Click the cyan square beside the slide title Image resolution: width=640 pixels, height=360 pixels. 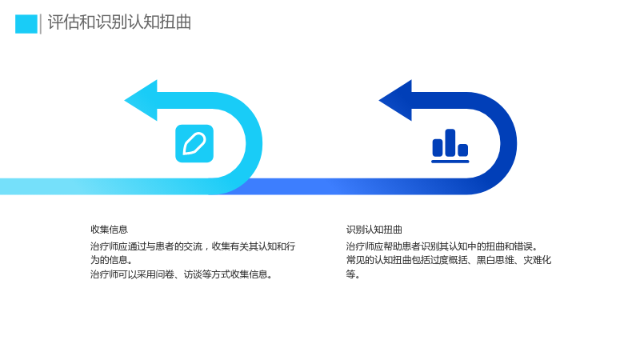(26, 24)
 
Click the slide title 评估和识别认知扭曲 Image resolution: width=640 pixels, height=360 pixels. (119, 22)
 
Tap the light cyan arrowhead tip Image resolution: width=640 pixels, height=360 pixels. (125, 100)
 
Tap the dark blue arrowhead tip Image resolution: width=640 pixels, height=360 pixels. (379, 100)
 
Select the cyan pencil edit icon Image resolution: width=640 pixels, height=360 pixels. (194, 144)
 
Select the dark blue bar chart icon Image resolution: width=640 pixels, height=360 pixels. (450, 146)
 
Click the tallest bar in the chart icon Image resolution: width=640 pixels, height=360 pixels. (450, 142)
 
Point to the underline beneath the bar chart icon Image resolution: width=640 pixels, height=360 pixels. (450, 162)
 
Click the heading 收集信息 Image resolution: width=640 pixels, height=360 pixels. (110, 230)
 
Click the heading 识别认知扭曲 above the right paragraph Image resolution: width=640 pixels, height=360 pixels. (374, 230)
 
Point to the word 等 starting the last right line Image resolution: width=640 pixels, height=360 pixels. (350, 274)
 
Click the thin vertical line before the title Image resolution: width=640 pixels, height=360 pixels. (41, 24)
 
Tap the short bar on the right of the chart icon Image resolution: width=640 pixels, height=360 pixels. (463, 150)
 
